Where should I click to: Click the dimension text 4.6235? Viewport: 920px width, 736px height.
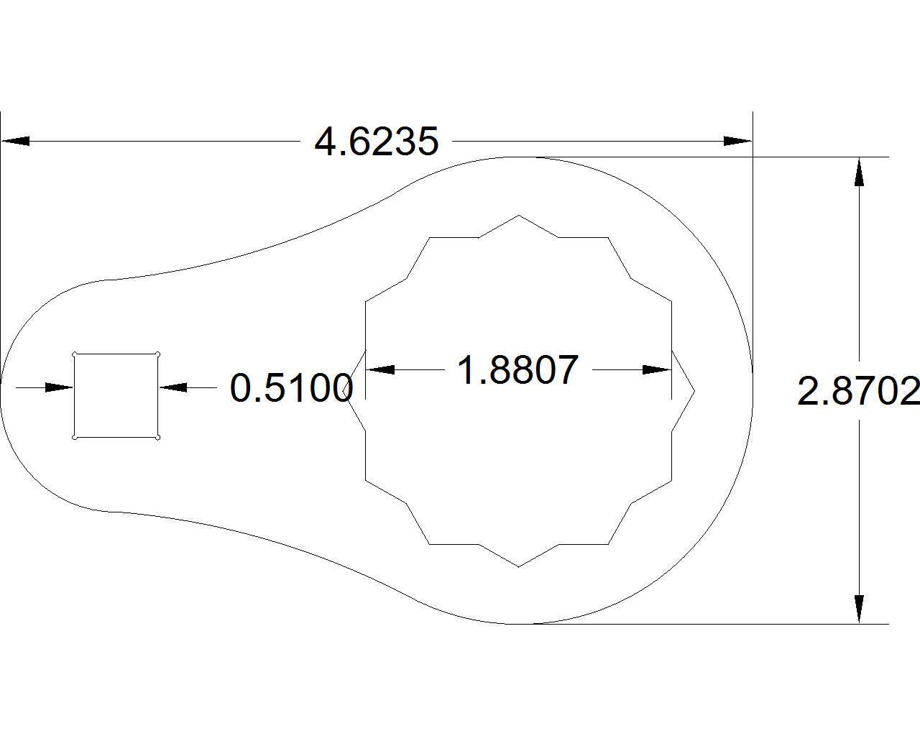coord(376,142)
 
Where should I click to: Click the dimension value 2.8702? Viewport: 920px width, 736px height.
coord(858,392)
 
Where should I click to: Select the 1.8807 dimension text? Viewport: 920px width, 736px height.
coord(517,370)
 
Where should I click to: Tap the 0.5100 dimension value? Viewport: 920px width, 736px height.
coord(291,388)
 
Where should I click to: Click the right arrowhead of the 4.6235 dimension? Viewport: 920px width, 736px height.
coord(737,141)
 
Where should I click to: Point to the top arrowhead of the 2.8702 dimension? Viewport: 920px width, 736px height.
coord(858,172)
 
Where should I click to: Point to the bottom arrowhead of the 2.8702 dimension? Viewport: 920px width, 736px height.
coord(858,609)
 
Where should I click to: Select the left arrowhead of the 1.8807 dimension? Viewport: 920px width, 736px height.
coord(380,369)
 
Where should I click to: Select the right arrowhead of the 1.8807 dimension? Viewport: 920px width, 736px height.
coord(657,369)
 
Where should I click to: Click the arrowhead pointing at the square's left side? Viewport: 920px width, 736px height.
coord(60,387)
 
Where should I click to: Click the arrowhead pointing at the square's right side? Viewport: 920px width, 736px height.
coord(173,387)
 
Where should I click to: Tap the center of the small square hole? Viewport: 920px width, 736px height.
coord(116,395)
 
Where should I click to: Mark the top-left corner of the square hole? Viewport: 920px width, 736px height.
coord(75,354)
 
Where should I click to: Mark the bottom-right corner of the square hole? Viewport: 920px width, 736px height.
coord(157,437)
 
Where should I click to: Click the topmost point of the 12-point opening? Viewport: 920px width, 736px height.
coord(519,215)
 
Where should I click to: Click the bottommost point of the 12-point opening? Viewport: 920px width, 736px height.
coord(519,567)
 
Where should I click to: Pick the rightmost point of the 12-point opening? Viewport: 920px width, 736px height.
coord(695,392)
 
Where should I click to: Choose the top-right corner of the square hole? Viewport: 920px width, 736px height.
coord(157,354)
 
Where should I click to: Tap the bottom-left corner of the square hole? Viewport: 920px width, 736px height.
coord(75,437)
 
